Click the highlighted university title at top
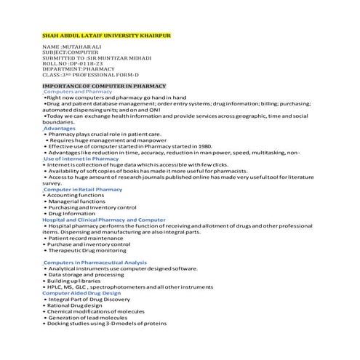(x=108, y=35)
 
